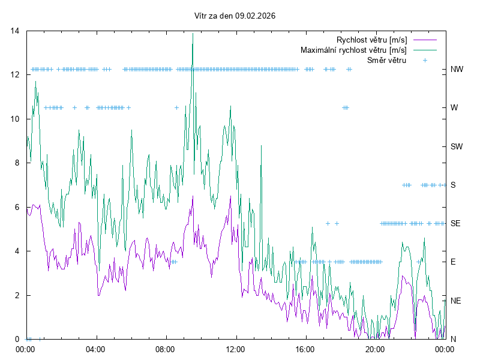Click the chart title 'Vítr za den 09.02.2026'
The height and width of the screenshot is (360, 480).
[235, 16]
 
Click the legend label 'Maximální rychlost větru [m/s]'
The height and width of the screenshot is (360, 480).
[353, 50]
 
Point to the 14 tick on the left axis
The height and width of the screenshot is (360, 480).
[16, 31]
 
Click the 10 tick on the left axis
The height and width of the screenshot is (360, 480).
[16, 119]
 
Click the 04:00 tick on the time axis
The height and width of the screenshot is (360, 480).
[95, 349]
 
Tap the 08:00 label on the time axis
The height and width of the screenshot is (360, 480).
[165, 349]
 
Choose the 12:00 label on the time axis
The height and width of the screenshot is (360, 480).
[235, 349]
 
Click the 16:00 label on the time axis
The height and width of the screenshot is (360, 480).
[305, 349]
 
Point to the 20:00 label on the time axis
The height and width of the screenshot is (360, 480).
[375, 349]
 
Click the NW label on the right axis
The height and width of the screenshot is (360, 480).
[457, 70]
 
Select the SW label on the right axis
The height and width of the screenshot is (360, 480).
[457, 146]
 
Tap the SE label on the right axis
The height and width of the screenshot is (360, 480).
[455, 223]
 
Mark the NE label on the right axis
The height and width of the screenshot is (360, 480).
[455, 300]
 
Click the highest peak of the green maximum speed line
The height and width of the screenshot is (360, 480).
[193, 34]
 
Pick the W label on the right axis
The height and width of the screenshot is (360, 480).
[454, 108]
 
